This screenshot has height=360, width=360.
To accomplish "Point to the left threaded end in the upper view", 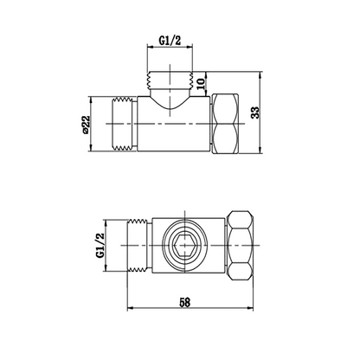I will (124, 125).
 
